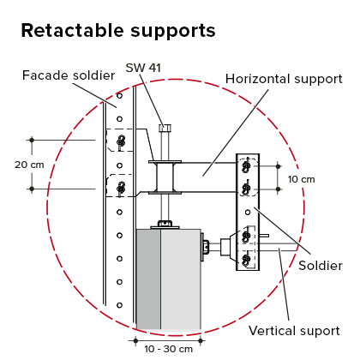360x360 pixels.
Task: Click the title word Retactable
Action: coord(73,30)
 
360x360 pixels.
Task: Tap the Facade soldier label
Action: coord(69,75)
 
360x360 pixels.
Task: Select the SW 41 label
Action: coord(143,68)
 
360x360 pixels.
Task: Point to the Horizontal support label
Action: coord(284,79)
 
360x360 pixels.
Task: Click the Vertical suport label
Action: coord(294,331)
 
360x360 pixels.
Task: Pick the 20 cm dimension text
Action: coord(29,165)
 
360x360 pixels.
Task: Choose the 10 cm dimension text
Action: coord(301,179)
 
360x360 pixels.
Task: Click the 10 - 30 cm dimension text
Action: coord(169,349)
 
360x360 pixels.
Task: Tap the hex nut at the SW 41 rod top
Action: coord(165,128)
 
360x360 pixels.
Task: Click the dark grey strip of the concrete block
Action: coord(148,279)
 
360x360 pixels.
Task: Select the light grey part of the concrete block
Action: coord(181,279)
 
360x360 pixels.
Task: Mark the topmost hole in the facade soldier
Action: coord(120,96)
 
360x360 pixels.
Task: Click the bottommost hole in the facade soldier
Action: coord(120,305)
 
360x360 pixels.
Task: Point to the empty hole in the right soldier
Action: coord(248,213)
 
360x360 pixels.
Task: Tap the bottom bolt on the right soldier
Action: coord(246,260)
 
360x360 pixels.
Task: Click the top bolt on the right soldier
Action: coord(246,166)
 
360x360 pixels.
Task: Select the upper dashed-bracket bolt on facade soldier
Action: coord(121,141)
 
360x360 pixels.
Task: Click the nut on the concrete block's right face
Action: coord(205,247)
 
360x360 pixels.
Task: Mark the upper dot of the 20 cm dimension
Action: coord(32,140)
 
